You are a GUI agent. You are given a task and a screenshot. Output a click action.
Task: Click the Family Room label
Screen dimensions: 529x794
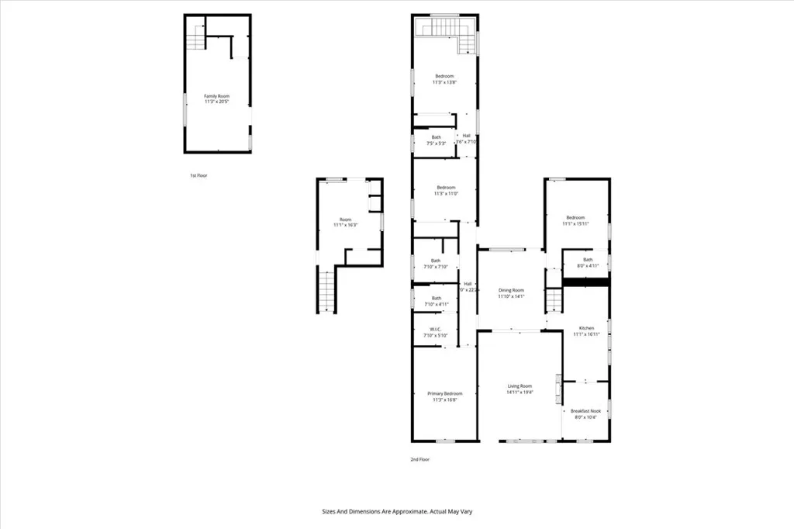[217, 96]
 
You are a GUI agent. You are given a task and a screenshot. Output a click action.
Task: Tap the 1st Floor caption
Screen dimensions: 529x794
[198, 176]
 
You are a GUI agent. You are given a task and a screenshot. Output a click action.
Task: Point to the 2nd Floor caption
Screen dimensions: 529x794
[419, 459]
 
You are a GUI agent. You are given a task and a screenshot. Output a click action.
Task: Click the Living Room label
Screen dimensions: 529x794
[520, 386]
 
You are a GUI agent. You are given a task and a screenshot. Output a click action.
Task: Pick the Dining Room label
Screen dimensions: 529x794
[512, 290]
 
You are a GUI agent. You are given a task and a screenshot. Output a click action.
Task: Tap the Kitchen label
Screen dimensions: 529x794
[585, 328]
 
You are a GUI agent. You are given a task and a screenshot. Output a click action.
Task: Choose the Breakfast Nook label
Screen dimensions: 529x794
[585, 410]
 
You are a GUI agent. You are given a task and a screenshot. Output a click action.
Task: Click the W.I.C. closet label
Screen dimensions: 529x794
[436, 330]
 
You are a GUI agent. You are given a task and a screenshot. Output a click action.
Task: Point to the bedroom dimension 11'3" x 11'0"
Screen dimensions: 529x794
[445, 194]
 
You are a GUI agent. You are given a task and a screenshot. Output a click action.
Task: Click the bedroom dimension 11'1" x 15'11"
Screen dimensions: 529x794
[575, 224]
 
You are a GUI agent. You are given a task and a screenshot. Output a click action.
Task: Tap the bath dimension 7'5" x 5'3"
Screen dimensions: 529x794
[437, 143]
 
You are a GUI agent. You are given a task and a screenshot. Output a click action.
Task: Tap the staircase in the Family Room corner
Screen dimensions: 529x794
[195, 36]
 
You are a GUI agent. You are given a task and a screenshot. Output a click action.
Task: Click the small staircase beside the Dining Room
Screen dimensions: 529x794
[554, 299]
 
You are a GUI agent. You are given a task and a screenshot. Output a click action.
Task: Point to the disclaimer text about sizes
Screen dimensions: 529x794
[397, 511]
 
